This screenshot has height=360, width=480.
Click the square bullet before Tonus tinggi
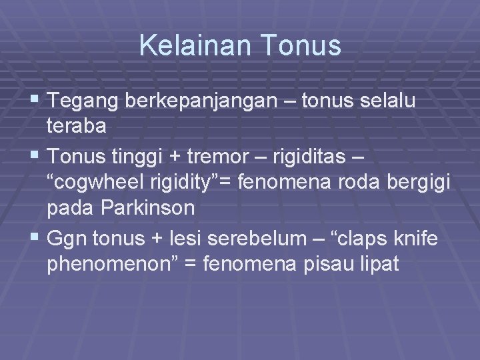point(36,157)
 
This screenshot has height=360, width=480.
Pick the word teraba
point(77,127)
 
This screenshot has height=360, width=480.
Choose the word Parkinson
point(148,208)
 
